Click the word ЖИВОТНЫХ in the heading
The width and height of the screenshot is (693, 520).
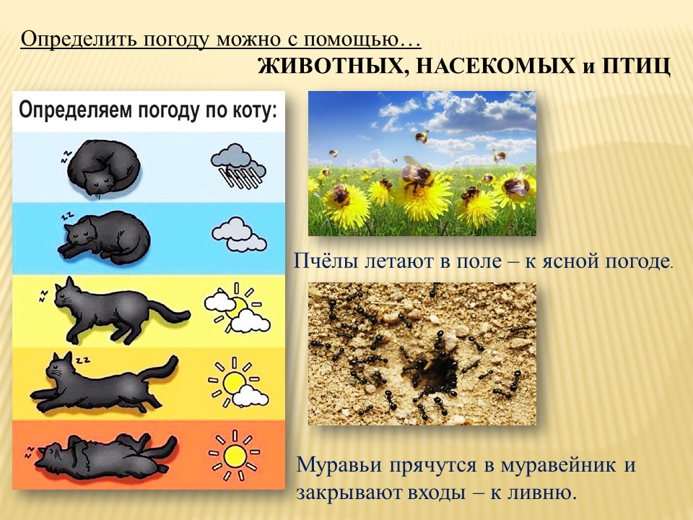(x=330, y=66)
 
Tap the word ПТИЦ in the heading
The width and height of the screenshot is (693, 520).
(x=636, y=66)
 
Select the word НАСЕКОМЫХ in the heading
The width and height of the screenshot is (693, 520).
(x=493, y=66)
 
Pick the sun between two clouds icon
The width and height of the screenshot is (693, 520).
(x=237, y=308)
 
